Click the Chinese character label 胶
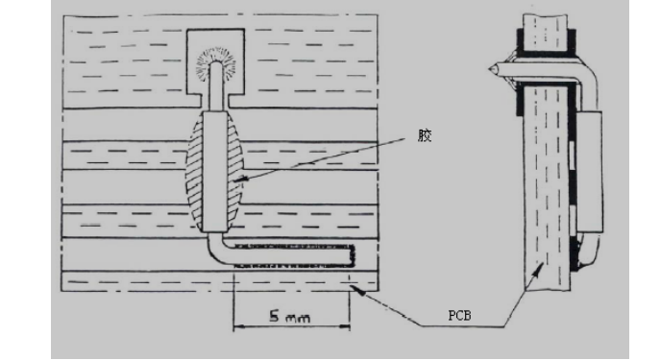coord(425,135)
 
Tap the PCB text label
coord(459,315)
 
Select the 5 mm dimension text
coord(290,317)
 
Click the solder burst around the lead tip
coord(217,63)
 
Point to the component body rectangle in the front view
coord(215,172)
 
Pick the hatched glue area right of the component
coord(235,173)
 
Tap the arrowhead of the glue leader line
coord(238,180)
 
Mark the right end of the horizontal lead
coord(352,255)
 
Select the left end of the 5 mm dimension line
coord(234,326)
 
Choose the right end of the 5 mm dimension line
coord(350,326)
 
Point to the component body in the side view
coord(590,173)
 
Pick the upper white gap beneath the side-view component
coord(573,156)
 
